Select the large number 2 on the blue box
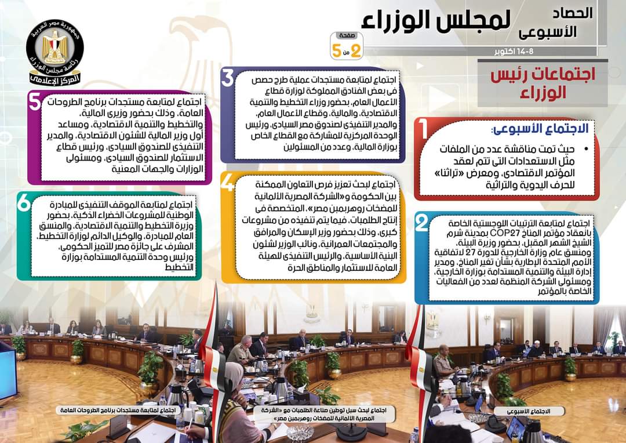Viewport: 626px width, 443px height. (x=423, y=223)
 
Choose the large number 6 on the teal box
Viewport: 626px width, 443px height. (x=24, y=203)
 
